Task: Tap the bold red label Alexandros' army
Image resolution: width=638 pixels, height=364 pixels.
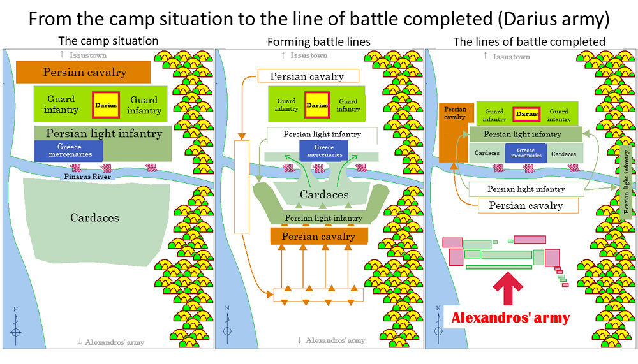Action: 510,317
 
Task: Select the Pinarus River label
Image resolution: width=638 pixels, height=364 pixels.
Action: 87,177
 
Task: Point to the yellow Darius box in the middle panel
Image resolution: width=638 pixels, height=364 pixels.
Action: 317,105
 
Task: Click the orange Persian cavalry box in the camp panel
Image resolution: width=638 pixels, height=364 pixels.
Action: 84,73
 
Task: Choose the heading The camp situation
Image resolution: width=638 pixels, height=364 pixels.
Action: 108,41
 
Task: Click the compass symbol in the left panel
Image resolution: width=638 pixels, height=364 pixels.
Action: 15,331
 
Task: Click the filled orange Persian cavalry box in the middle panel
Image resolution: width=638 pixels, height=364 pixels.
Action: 319,237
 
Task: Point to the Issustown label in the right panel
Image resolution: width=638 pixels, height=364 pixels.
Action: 510,57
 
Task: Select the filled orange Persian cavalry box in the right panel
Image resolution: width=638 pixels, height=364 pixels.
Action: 455,123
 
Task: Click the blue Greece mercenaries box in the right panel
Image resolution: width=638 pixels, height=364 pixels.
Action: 526,154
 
